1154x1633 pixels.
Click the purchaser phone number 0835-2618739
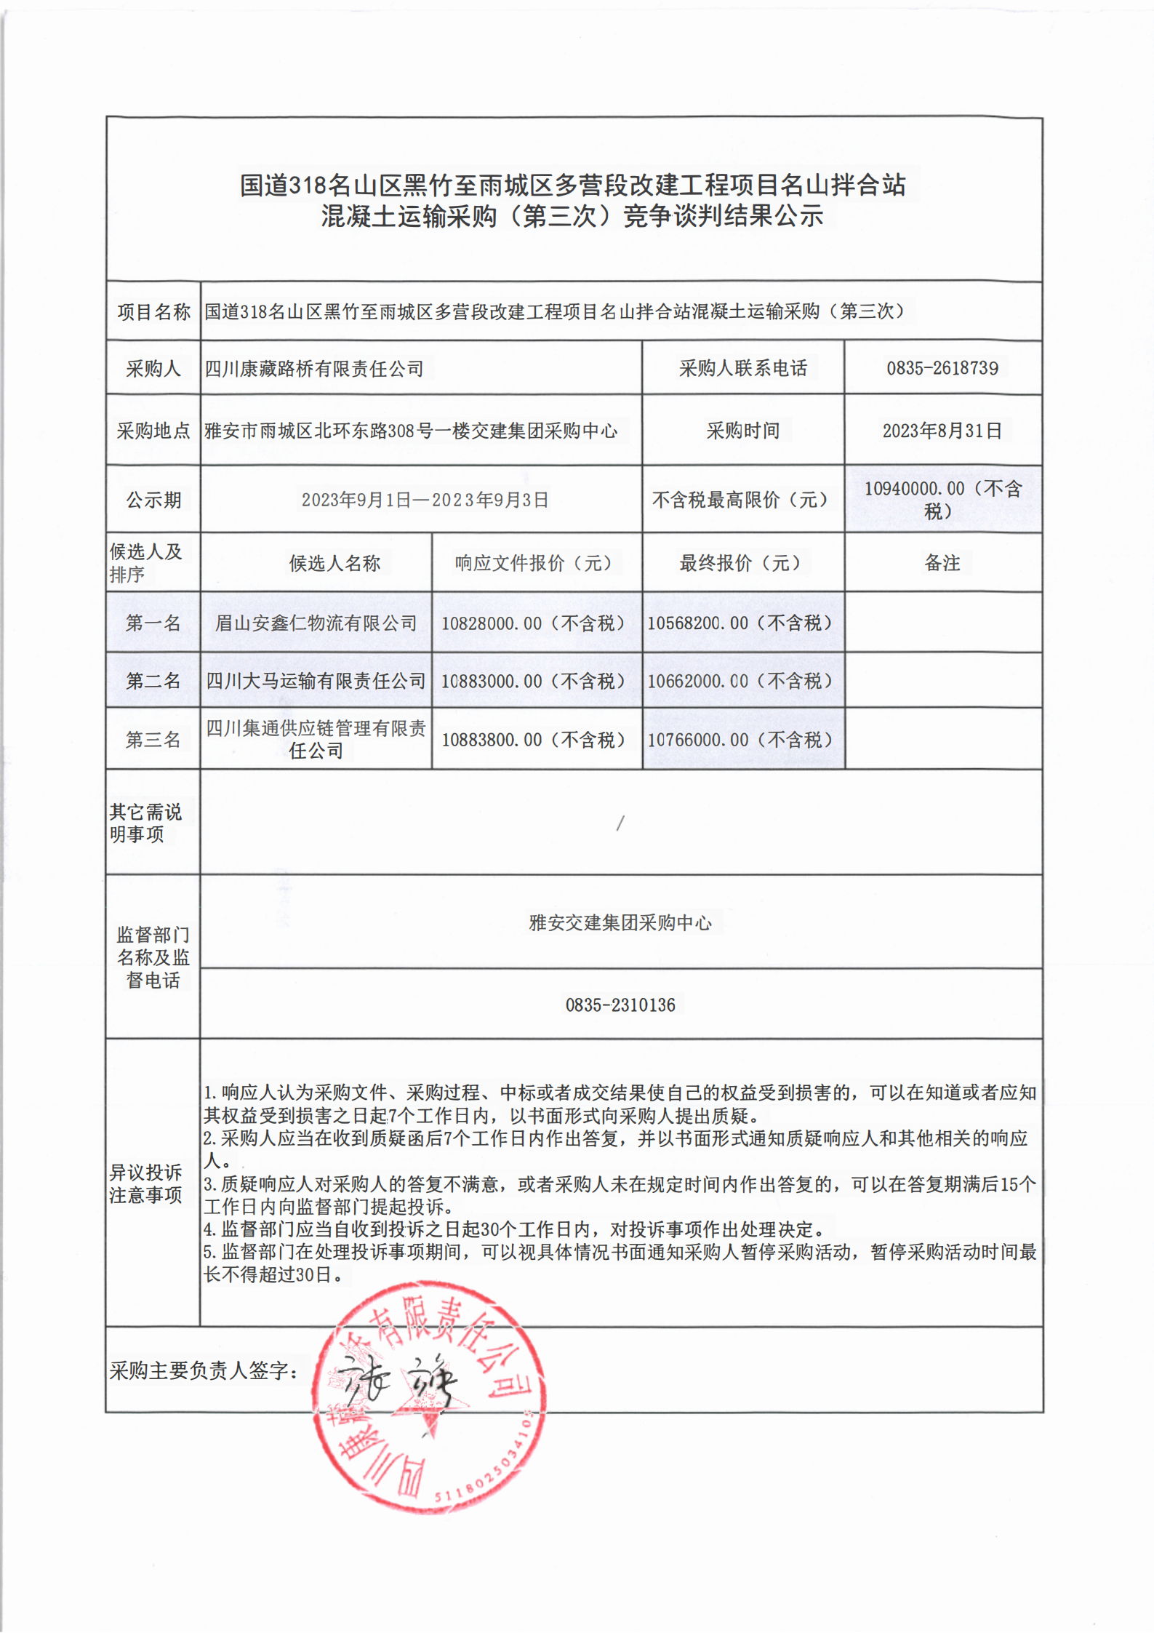tap(942, 368)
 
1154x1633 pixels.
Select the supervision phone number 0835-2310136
tap(620, 1005)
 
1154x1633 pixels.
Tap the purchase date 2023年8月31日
tap(942, 431)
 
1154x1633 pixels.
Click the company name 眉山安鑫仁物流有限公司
tap(316, 623)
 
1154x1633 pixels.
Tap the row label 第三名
tap(153, 740)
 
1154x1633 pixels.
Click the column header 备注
tap(942, 563)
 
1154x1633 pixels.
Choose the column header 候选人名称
tap(334, 563)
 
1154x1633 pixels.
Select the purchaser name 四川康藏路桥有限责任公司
tap(313, 369)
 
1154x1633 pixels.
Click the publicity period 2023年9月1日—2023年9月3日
tap(425, 500)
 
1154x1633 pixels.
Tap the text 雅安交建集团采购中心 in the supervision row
tap(620, 922)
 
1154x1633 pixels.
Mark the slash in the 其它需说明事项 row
tap(620, 823)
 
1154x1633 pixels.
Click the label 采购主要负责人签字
tap(203, 1371)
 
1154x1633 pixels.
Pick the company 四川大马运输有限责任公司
tap(316, 681)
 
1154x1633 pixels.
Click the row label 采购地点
tap(153, 431)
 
